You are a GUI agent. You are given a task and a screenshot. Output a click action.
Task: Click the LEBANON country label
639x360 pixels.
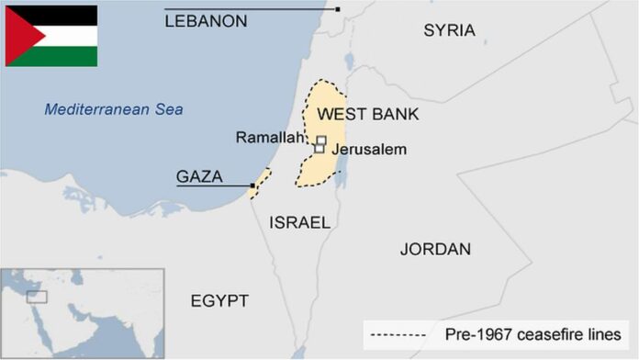click(206, 21)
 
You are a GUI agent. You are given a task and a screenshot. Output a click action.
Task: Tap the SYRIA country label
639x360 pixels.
click(449, 30)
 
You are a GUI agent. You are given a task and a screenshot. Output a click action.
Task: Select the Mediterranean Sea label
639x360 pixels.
click(114, 109)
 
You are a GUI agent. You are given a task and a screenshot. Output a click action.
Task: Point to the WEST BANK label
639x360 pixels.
click(367, 115)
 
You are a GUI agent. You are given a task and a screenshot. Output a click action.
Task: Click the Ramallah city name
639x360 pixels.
click(269, 137)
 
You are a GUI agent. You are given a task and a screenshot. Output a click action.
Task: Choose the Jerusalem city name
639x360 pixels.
click(368, 149)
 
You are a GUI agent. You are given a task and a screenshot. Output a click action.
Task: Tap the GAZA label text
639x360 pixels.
click(199, 176)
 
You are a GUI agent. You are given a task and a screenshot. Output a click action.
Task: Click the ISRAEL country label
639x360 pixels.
click(299, 222)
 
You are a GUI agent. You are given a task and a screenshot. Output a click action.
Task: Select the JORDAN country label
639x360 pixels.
click(435, 249)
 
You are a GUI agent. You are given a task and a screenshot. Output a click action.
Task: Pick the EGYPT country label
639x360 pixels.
click(219, 300)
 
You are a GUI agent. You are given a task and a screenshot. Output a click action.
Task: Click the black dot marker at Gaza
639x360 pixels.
click(252, 186)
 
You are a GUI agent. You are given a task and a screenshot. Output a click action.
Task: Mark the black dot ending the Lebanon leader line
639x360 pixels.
click(338, 9)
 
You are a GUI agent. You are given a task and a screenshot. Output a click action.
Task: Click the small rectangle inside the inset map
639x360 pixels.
click(37, 296)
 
